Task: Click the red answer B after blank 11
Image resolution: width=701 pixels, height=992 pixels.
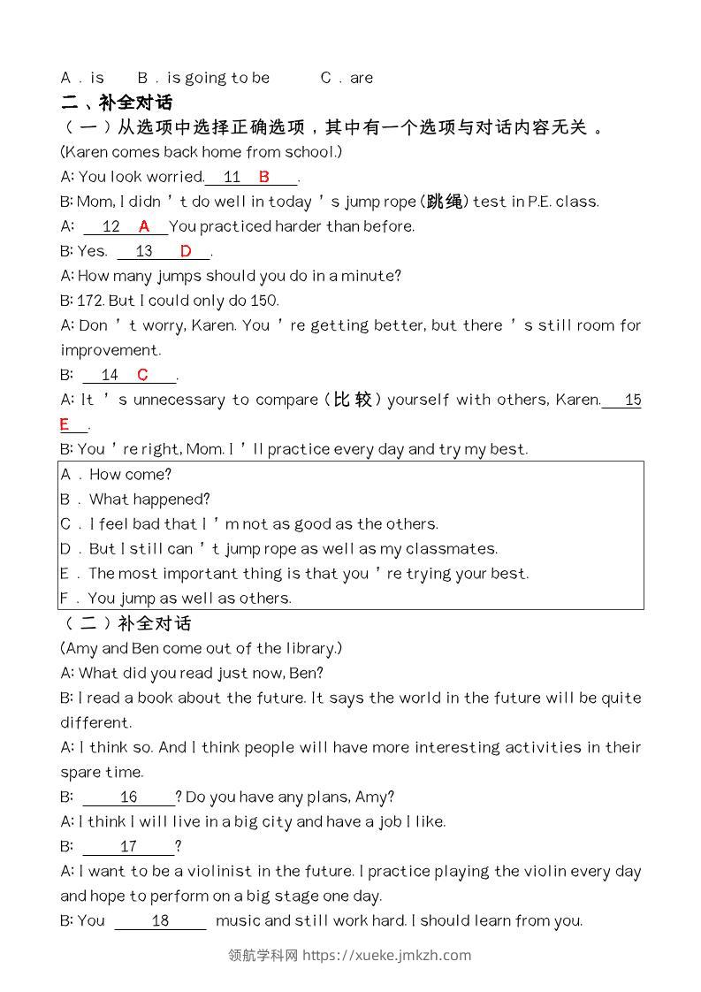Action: tap(263, 177)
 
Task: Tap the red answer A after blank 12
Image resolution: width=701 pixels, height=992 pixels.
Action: tap(144, 226)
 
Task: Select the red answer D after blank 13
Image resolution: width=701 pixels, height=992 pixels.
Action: tap(186, 251)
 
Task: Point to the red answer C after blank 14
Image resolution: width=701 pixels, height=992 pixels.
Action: tap(143, 375)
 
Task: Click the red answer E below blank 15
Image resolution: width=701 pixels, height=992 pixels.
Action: tap(65, 425)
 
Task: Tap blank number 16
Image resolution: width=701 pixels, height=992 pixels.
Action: tap(129, 797)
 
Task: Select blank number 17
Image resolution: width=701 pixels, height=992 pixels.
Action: tap(129, 846)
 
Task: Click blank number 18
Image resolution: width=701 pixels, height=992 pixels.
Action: tap(160, 920)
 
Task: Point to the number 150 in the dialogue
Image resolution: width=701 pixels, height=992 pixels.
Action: tap(265, 301)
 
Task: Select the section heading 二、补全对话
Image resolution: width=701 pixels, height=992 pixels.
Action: tap(117, 102)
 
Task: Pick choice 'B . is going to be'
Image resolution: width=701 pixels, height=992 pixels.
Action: tap(204, 78)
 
